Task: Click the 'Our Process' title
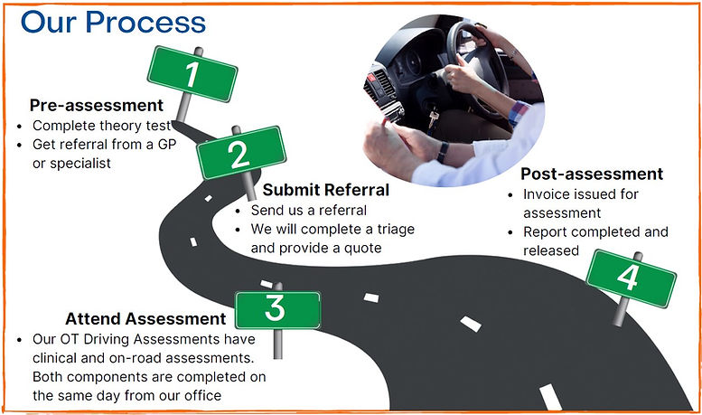(x=113, y=21)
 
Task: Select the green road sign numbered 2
(x=240, y=152)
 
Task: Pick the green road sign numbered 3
(x=277, y=309)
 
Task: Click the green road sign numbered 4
(x=631, y=276)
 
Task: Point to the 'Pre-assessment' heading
(x=97, y=105)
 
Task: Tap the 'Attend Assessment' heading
(x=145, y=318)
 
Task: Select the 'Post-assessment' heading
(x=592, y=174)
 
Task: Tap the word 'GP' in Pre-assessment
(x=185, y=145)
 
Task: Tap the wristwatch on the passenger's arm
(x=443, y=151)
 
